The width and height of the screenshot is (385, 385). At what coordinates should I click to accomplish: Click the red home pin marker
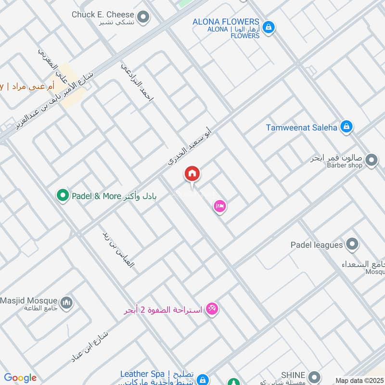point(192,174)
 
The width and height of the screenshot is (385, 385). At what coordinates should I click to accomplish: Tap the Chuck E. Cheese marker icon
point(142,18)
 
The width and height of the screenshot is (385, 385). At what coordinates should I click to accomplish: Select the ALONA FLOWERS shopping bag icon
point(269,26)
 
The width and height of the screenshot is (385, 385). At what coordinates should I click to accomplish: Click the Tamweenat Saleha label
point(302,128)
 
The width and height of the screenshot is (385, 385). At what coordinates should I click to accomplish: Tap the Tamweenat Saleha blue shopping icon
point(346,128)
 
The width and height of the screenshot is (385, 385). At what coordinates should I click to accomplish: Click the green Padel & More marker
point(62,195)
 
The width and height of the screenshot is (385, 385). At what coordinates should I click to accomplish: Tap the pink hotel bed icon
point(220,206)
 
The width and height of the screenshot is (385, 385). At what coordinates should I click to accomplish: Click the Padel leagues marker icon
point(352,244)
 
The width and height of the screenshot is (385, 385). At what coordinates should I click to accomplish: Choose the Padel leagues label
point(316,245)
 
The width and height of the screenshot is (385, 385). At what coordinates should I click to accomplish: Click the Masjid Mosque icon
point(68,302)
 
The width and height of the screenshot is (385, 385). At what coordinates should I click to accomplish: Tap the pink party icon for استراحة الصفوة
point(212,308)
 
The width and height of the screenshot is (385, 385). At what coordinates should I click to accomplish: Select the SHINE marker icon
point(314,376)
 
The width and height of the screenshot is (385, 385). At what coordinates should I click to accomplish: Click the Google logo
point(20,378)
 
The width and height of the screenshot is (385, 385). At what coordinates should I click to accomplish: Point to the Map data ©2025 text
point(359,380)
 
